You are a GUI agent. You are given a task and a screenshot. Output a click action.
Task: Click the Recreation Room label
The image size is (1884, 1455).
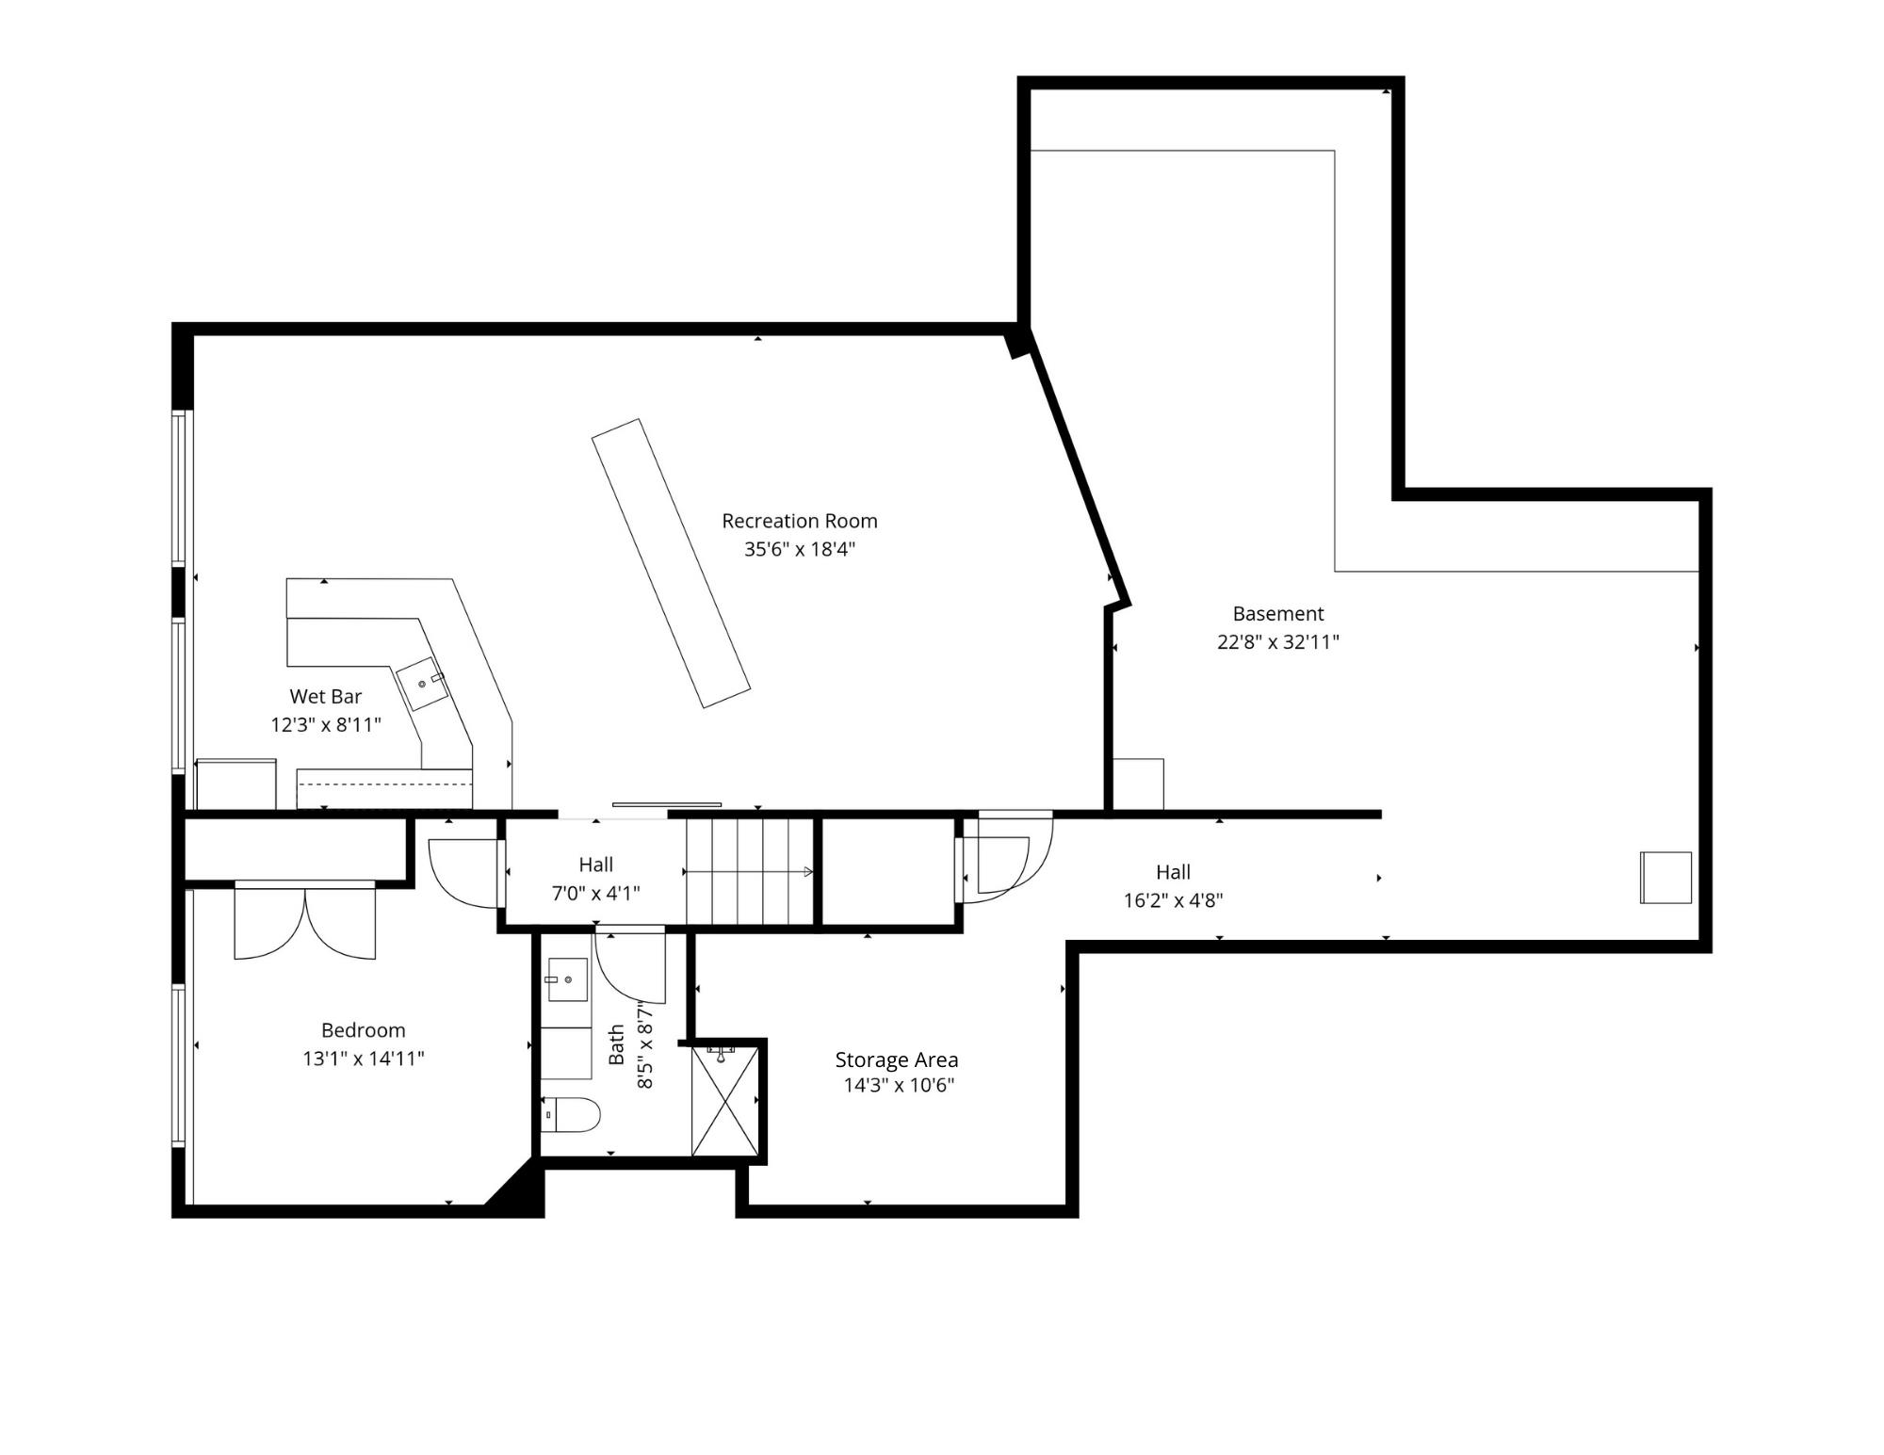click(x=799, y=521)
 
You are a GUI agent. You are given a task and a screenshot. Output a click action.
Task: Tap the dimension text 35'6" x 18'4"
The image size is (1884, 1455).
click(x=799, y=549)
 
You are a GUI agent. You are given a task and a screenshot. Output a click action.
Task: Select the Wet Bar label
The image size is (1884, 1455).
click(x=325, y=697)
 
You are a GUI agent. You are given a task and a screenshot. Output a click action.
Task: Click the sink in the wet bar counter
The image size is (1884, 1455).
click(x=421, y=684)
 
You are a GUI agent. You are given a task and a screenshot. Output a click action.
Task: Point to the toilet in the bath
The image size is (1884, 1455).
click(x=572, y=1115)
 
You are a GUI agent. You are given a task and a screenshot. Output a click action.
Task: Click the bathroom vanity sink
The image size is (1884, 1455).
click(x=566, y=979)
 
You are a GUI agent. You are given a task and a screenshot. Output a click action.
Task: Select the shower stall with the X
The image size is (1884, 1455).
click(x=724, y=1101)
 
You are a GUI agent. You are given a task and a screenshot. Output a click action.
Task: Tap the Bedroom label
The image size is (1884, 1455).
click(x=363, y=1030)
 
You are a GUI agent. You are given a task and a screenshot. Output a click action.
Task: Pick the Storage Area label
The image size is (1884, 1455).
click(x=896, y=1059)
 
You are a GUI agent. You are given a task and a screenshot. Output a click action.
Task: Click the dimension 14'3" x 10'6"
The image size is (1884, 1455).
click(x=899, y=1085)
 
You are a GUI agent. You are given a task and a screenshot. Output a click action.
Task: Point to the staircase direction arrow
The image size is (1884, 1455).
click(x=749, y=872)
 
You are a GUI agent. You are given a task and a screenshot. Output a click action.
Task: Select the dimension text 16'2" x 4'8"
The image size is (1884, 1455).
click(x=1173, y=900)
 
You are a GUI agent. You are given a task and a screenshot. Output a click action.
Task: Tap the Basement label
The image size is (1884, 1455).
click(x=1277, y=614)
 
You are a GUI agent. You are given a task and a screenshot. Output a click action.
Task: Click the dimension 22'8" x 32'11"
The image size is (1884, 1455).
click(x=1277, y=642)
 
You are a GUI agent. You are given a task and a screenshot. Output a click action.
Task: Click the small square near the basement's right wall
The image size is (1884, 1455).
click(x=1665, y=878)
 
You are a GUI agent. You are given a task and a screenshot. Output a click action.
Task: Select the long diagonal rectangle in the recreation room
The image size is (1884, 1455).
click(x=671, y=563)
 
